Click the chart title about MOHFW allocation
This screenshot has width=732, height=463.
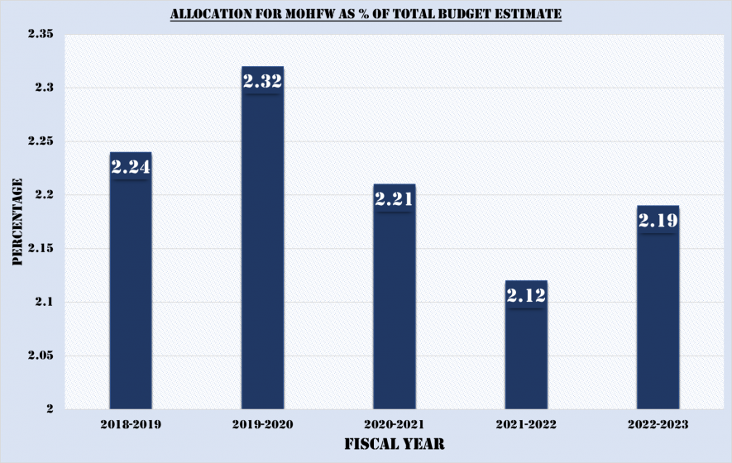pyautogui.click(x=366, y=15)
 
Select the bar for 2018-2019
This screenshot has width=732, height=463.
pyautogui.click(x=131, y=289)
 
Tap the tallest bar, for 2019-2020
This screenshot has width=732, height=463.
pyautogui.click(x=262, y=248)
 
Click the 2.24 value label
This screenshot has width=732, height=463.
pyautogui.click(x=131, y=167)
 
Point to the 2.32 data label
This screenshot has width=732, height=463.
pyautogui.click(x=262, y=81)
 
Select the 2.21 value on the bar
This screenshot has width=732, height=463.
pyautogui.click(x=394, y=199)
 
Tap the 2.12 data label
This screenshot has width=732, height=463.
pyautogui.click(x=526, y=295)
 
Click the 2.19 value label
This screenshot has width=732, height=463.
pyautogui.click(x=658, y=221)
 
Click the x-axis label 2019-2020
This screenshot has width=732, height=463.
pyautogui.click(x=262, y=423)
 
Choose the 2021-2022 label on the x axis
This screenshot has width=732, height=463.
pyautogui.click(x=526, y=423)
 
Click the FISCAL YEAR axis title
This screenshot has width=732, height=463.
pyautogui.click(x=394, y=444)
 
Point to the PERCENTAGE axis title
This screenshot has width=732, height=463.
pyautogui.click(x=17, y=222)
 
